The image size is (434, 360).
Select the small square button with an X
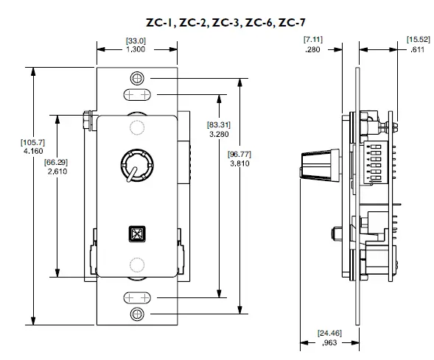pyautogui.click(x=135, y=233)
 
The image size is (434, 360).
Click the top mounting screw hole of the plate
pyautogui.click(x=135, y=78)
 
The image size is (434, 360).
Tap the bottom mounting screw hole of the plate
pyautogui.click(x=135, y=315)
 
